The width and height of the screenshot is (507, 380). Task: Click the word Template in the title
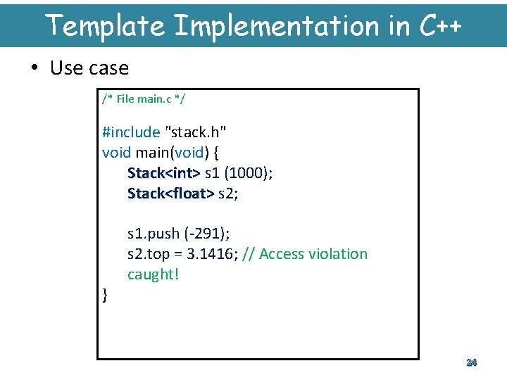pos(105,26)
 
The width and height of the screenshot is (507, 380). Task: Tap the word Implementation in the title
pos(276,26)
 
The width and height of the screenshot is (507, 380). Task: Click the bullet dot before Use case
pos(35,68)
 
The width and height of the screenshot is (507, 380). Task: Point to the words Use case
pos(89,68)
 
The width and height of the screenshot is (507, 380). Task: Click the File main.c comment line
pos(144,99)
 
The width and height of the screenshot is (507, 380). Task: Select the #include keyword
pos(131,132)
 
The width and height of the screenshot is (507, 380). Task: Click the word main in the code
pos(151,152)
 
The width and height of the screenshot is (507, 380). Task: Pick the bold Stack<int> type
pos(163,172)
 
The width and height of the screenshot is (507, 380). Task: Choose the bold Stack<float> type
pos(170,193)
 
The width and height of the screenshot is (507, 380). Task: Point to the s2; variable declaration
pos(228,193)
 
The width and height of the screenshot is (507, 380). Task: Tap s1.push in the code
pos(153,233)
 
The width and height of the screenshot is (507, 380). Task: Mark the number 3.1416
pos(211,253)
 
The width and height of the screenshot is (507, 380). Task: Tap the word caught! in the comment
pos(153,274)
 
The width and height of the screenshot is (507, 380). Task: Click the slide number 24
pos(471,362)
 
